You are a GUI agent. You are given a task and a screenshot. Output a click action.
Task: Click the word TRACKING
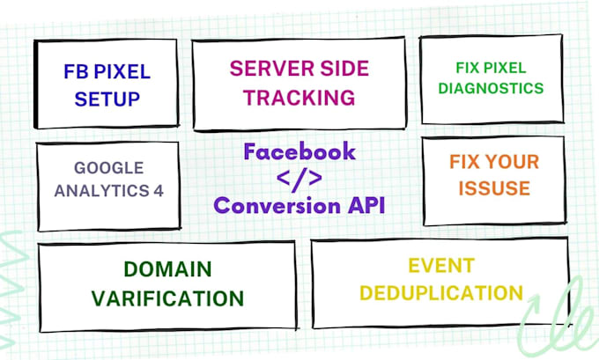pos(300,97)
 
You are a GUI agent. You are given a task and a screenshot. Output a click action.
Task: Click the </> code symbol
pos(299,179)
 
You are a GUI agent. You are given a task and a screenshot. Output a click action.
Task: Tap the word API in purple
pos(361,208)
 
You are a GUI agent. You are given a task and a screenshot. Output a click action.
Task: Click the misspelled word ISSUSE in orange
pos(490,187)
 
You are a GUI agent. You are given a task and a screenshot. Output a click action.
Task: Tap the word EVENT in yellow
pos(441,264)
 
